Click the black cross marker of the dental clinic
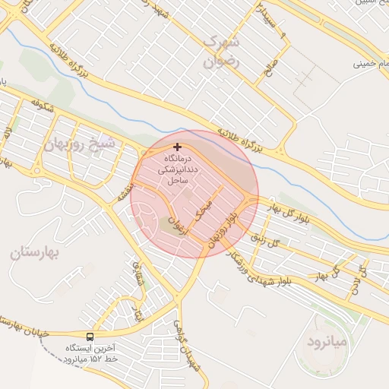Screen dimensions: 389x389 click(178, 147)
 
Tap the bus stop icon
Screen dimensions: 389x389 click(90, 337)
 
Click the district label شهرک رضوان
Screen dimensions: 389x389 click(221, 51)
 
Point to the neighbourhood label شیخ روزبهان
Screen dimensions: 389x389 click(81, 144)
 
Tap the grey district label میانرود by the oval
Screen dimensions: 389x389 click(327, 343)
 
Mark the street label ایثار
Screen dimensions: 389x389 click(138, 312)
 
